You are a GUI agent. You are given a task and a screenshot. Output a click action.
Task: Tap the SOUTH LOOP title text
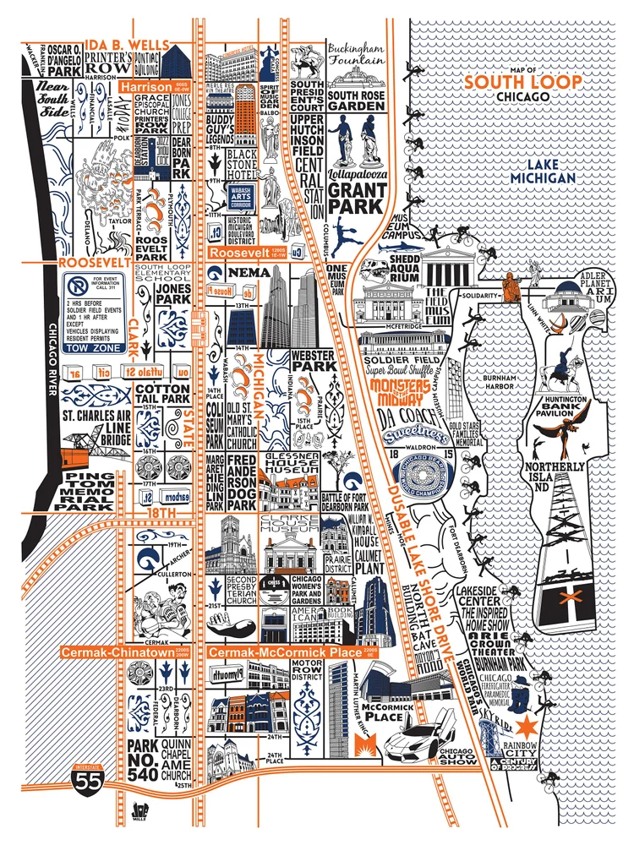pos(523,82)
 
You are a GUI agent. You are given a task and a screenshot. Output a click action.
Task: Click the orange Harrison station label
pos(146,86)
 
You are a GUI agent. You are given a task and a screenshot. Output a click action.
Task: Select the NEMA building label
pos(250,273)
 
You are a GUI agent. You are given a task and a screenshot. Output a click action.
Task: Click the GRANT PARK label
pos(358,196)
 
